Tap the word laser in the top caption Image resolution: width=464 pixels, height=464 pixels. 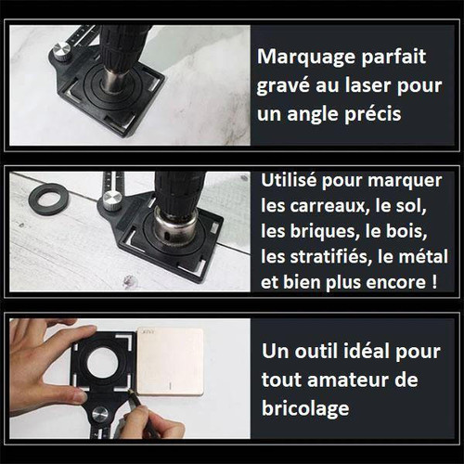click(368, 84)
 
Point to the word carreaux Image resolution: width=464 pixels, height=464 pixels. click(329, 206)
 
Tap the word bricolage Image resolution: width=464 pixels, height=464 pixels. click(305, 408)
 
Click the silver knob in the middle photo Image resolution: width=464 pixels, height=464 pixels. click(112, 200)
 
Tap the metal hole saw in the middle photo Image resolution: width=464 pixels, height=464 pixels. click(175, 227)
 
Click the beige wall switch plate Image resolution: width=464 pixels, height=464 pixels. click(170, 362)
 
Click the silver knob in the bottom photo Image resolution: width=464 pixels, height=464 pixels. click(100, 415)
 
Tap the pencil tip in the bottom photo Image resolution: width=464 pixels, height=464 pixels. click(129, 391)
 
